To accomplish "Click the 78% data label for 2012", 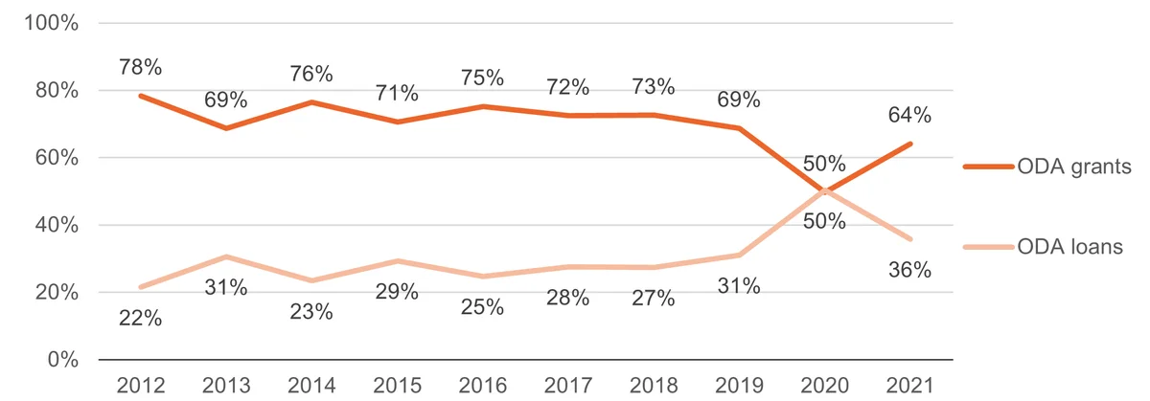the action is click(140, 67).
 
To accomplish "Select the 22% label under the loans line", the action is click(140, 319).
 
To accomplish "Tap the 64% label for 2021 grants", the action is click(909, 116).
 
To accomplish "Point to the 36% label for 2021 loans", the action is click(909, 270).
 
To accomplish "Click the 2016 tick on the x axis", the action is click(483, 386).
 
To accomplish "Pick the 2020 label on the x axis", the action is click(824, 386).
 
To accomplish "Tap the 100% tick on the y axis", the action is click(52, 23).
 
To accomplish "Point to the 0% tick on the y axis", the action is click(63, 360).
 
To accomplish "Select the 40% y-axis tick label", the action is click(57, 225).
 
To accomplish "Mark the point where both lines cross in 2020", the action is click(824, 191).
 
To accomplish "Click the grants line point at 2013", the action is click(226, 127).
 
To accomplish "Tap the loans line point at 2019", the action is click(739, 255).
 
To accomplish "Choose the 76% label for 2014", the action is click(311, 74).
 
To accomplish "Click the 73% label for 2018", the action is click(653, 87).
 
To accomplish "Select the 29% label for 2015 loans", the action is click(397, 292).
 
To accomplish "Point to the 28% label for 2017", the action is click(567, 298).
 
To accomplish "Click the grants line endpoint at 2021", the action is click(910, 145).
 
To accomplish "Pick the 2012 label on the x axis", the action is click(141, 386).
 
